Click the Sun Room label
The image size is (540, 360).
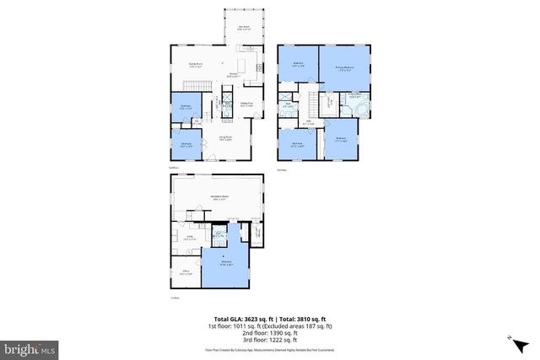(x=244, y=27)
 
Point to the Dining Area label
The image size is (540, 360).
(x=248, y=105)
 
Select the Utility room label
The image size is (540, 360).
(x=191, y=239)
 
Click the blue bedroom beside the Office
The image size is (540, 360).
(x=226, y=263)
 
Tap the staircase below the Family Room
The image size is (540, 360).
(x=197, y=89)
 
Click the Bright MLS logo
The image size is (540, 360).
(x=30, y=347)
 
